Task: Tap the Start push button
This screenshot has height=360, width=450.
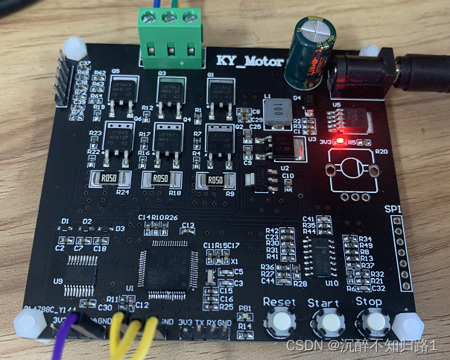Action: [326, 322]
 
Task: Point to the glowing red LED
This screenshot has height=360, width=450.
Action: [337, 139]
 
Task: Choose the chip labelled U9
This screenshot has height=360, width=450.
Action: [80, 273]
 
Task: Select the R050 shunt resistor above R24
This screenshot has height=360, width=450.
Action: [106, 179]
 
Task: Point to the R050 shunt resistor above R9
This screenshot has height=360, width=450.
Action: [213, 180]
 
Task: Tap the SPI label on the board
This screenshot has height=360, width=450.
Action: [395, 208]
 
